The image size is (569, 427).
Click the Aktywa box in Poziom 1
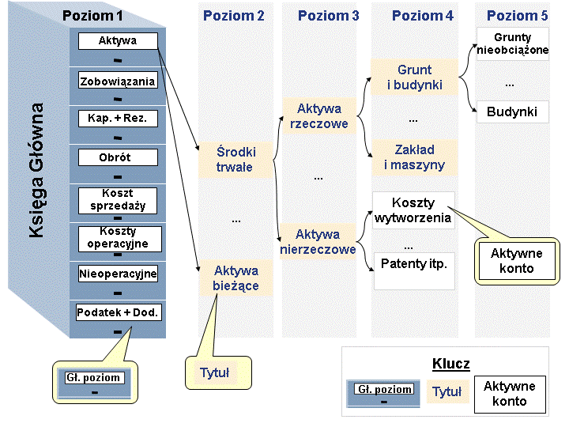pyautogui.click(x=118, y=40)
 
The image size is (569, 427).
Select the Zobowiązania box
pyautogui.click(x=118, y=80)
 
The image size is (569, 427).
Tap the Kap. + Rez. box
pyautogui.click(x=118, y=119)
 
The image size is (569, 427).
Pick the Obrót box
pyautogui.click(x=118, y=157)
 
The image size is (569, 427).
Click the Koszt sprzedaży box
pyautogui.click(x=118, y=200)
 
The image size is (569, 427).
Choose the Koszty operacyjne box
pyautogui.click(x=120, y=239)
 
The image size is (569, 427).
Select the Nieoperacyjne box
pyautogui.click(x=118, y=274)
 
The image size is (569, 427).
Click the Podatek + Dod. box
pyautogui.click(x=119, y=312)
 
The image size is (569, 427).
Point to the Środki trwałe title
pyautogui.click(x=236, y=160)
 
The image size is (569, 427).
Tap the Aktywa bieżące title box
pyautogui.click(x=236, y=278)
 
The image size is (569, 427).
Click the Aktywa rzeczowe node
pyautogui.click(x=319, y=115)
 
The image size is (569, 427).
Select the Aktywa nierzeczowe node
pyautogui.click(x=318, y=241)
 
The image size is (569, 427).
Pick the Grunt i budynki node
pyautogui.click(x=414, y=77)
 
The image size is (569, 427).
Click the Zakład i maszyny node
pyautogui.click(x=414, y=157)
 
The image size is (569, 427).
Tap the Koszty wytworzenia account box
pyautogui.click(x=413, y=210)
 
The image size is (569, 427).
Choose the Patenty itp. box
pyautogui.click(x=414, y=271)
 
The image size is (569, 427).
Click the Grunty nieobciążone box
pyautogui.click(x=512, y=43)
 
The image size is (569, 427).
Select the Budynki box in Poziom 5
pyautogui.click(x=512, y=111)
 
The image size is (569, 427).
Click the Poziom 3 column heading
pyautogui.click(x=329, y=16)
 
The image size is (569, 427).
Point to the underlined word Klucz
pyautogui.click(x=451, y=364)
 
